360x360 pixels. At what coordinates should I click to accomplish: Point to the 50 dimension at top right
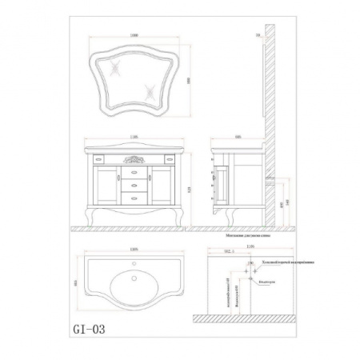tap(258, 37)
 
